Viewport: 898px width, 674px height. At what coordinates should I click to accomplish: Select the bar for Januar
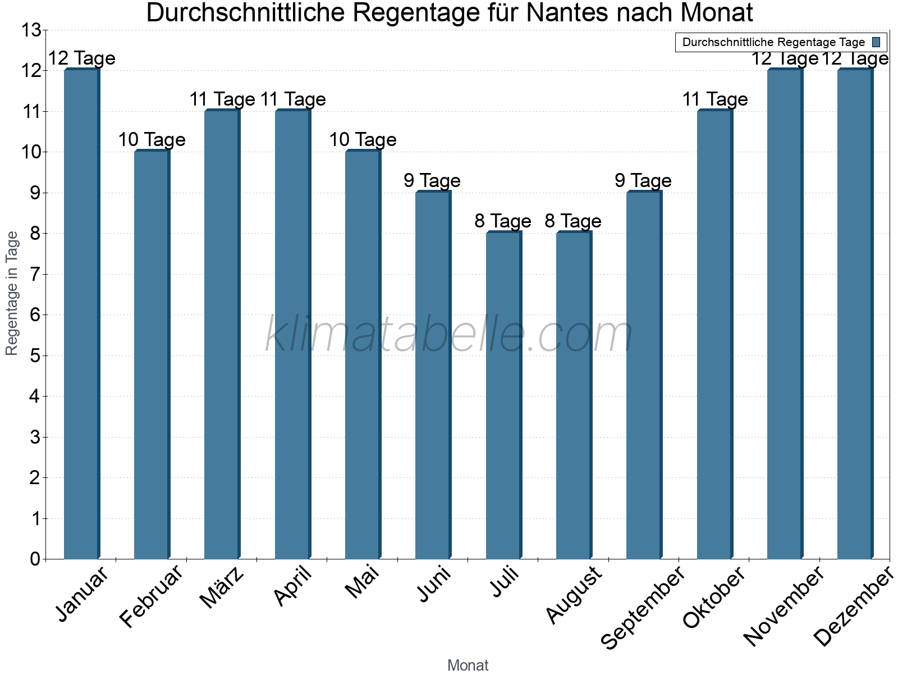click(82, 315)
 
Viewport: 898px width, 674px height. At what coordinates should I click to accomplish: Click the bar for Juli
click(503, 396)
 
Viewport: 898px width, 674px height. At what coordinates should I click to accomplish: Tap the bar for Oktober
click(714, 335)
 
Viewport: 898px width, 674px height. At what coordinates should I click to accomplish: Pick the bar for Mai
click(363, 356)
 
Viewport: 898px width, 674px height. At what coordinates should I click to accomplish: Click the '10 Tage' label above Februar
click(152, 140)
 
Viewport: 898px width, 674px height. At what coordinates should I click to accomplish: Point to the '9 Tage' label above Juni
click(432, 181)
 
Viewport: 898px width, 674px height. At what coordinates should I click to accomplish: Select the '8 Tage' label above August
click(573, 221)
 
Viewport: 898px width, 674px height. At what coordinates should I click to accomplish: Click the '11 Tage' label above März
click(222, 99)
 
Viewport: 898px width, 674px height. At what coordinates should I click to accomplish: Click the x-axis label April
click(293, 587)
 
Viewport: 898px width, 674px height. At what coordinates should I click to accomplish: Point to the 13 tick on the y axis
click(31, 30)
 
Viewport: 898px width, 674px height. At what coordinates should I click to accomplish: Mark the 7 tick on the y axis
click(35, 274)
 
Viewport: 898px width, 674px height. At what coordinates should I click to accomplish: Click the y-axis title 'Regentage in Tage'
click(12, 293)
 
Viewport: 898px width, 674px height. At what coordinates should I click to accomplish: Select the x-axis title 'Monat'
click(468, 665)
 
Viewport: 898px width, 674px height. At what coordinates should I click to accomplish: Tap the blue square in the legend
click(876, 42)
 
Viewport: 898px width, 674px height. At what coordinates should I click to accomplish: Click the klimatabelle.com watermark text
click(449, 335)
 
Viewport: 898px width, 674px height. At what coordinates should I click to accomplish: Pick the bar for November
click(785, 315)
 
